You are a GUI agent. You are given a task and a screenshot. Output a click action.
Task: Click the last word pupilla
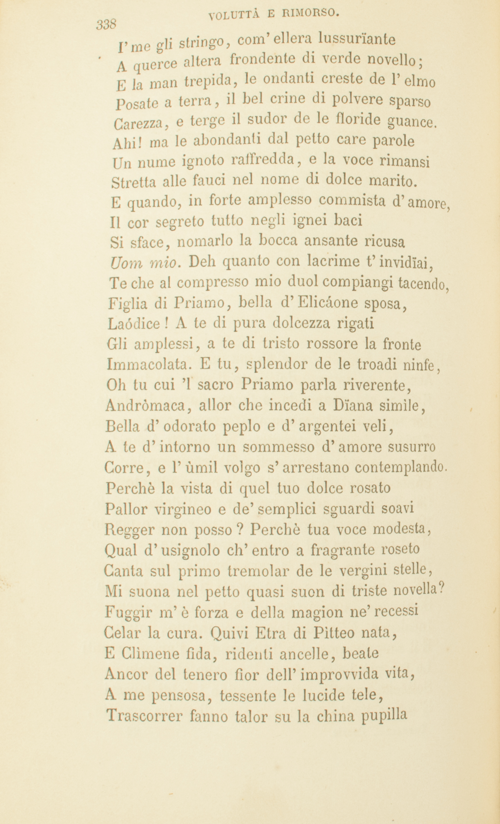tap(384, 715)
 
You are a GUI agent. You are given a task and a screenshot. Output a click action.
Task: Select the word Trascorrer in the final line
tap(139, 716)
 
